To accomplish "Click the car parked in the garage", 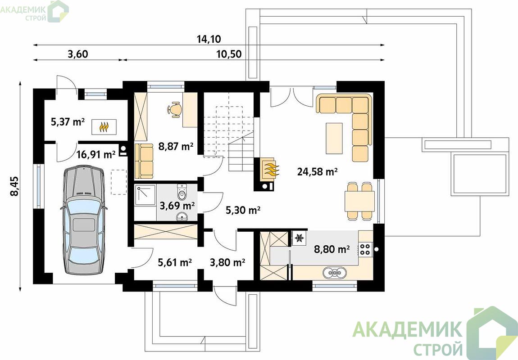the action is [84, 220].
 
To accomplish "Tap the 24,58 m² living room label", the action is [317, 171].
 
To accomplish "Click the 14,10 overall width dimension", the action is [209, 39].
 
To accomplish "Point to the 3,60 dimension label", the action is [78, 54].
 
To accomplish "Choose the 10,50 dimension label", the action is [229, 54].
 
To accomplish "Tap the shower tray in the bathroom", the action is [145, 195].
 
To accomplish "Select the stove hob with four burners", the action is [365, 248].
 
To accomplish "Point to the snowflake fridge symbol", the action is [300, 238].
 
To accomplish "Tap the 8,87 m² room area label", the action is [176, 146].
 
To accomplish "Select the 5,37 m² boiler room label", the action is [68, 122].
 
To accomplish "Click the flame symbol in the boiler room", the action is [104, 126].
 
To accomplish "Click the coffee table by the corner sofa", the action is [334, 138].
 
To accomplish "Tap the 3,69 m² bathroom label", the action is [177, 206].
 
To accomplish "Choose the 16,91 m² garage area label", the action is [96, 154].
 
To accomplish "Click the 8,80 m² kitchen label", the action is [332, 249].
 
